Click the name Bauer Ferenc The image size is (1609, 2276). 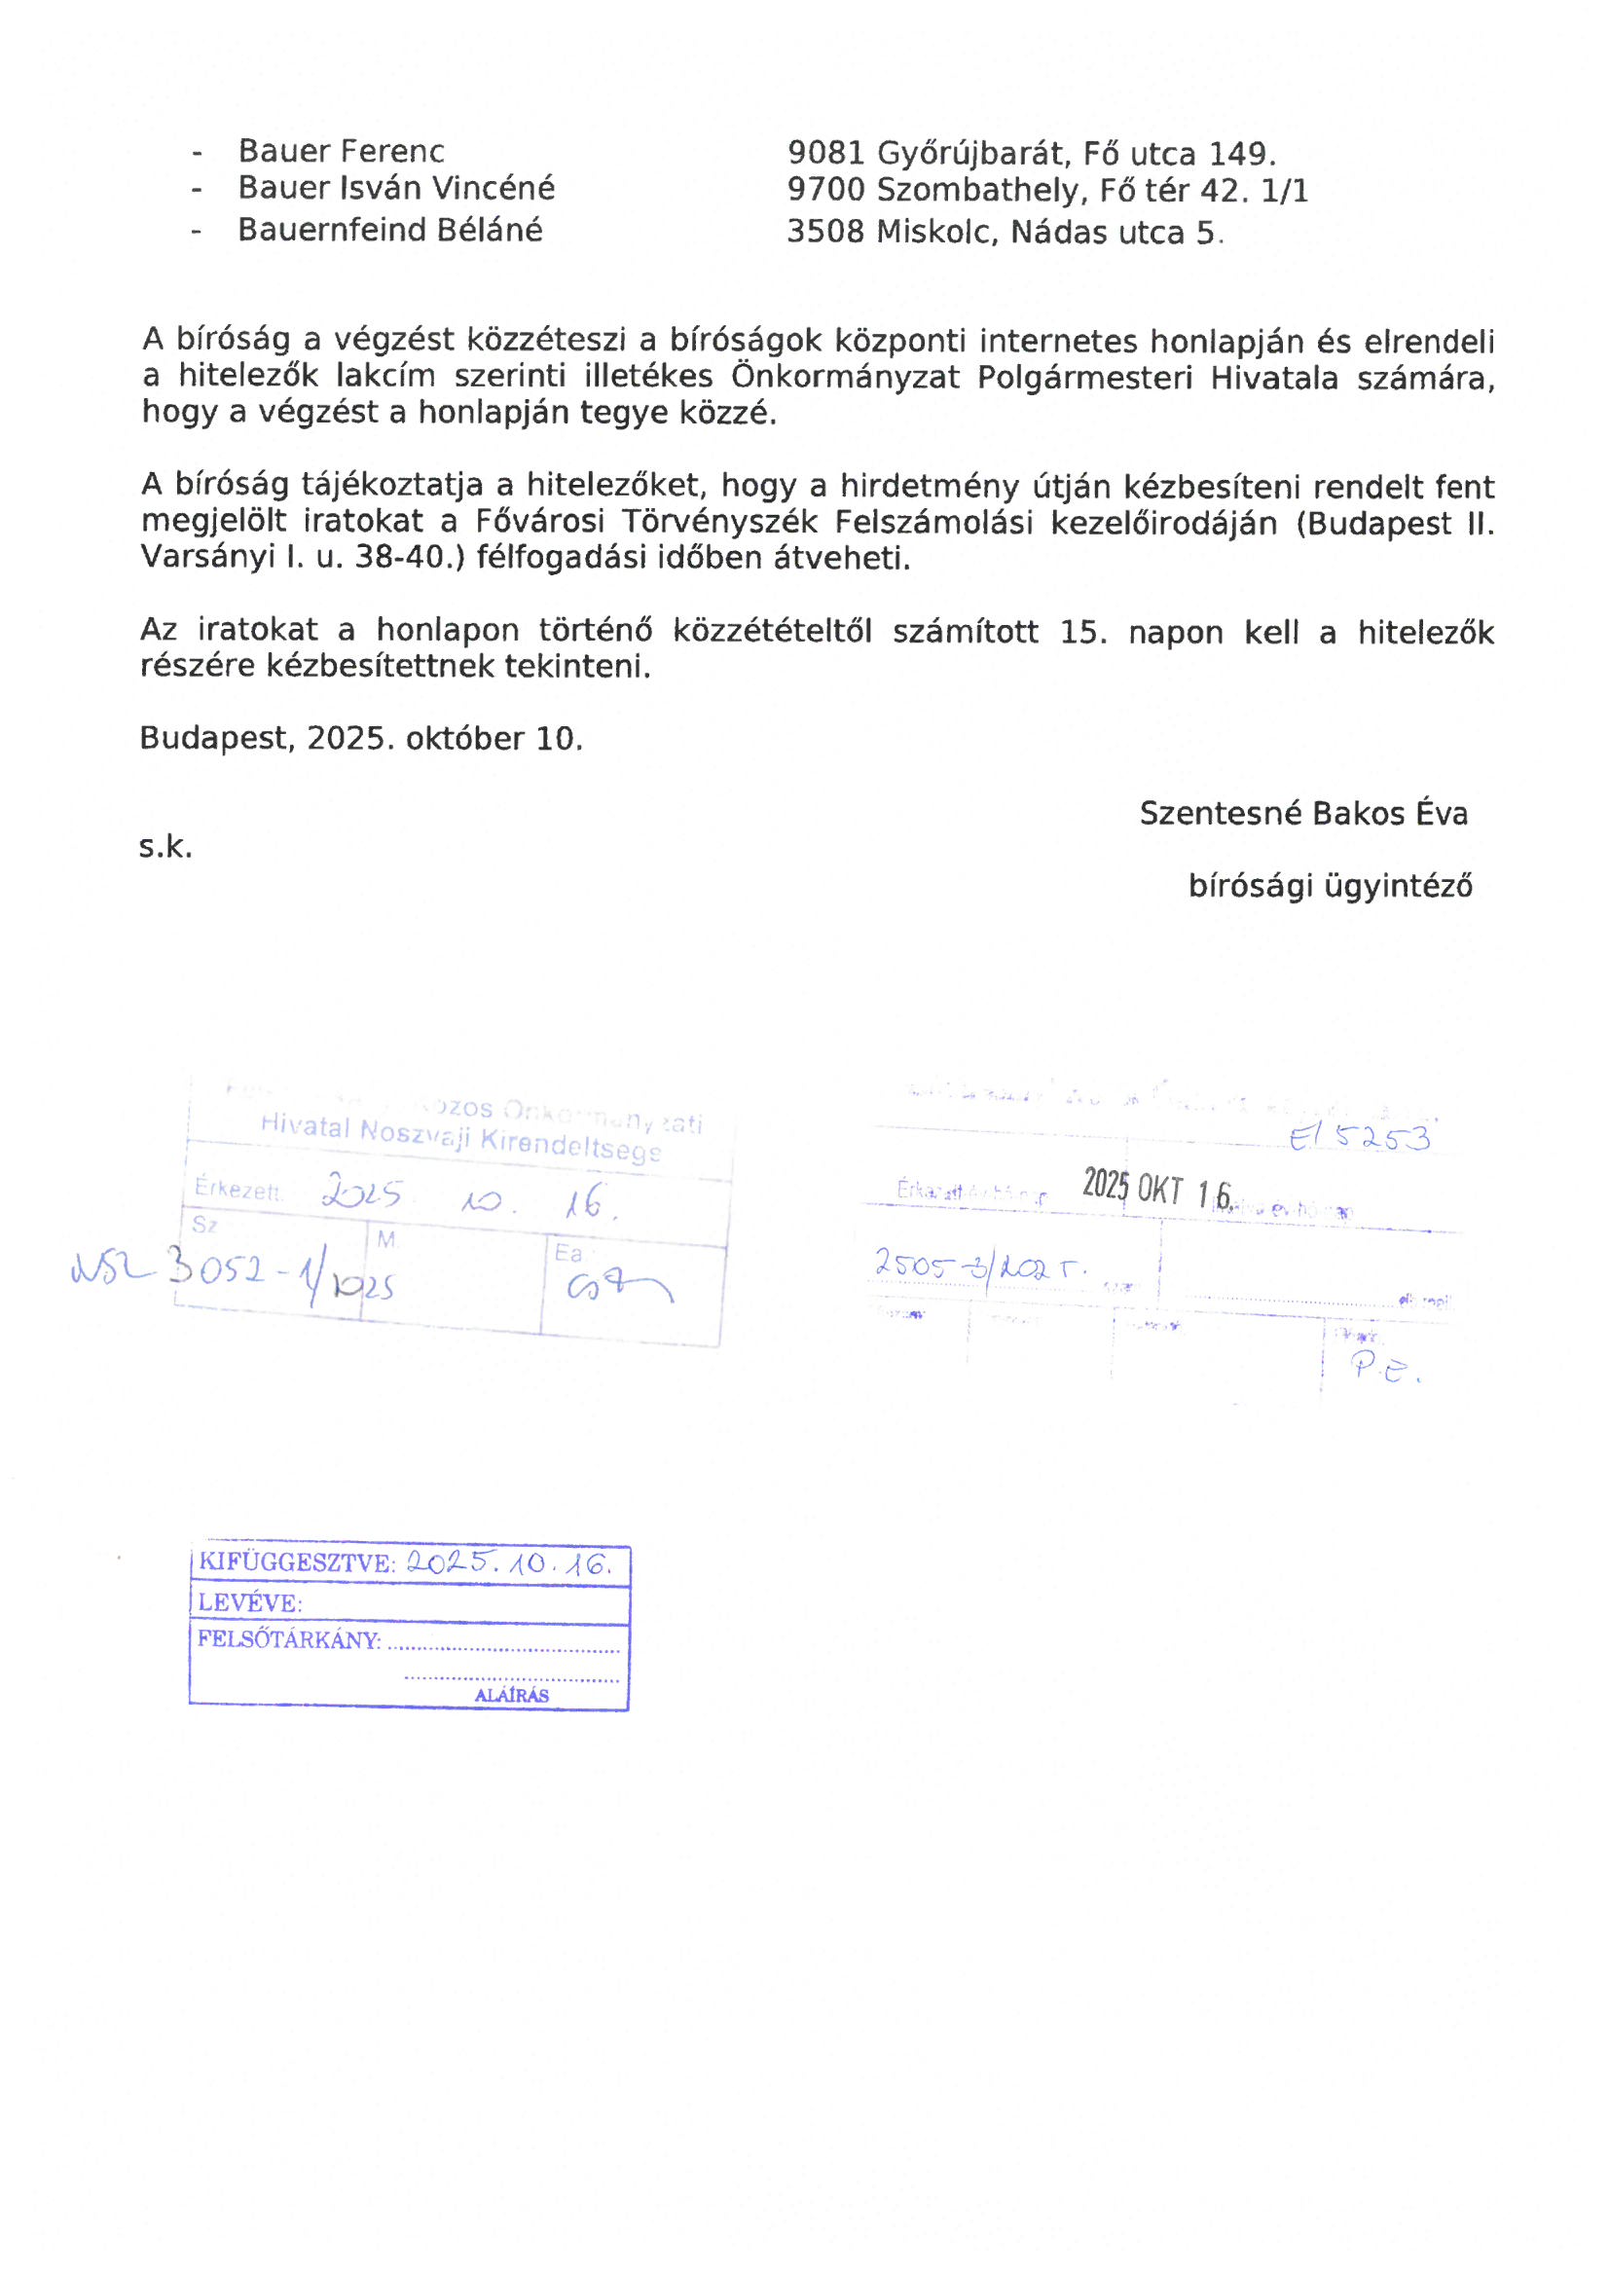pyautogui.click(x=340, y=152)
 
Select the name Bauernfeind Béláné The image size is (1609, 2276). pyautogui.click(x=389, y=230)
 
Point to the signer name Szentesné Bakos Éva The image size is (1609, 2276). pyautogui.click(x=1302, y=814)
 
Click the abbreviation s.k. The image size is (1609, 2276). pyautogui.click(x=165, y=848)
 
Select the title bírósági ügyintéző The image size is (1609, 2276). pyautogui.click(x=1330, y=886)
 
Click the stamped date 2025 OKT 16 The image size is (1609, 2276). pyautogui.click(x=1156, y=1188)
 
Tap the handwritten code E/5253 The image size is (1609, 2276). pyautogui.click(x=1360, y=1139)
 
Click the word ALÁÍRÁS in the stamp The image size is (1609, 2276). pyautogui.click(x=512, y=1695)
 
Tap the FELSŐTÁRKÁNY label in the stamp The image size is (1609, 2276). pyautogui.click(x=288, y=1639)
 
